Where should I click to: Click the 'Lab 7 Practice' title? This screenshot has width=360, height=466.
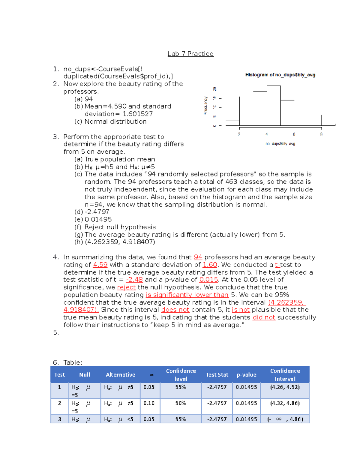point(190,54)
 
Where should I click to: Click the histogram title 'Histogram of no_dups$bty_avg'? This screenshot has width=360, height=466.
point(280,75)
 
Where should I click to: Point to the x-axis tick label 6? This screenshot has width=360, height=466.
point(294,134)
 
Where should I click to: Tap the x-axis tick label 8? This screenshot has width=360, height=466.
point(321,134)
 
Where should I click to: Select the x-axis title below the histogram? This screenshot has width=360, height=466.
point(280,144)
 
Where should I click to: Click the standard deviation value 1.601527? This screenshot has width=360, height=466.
point(138,114)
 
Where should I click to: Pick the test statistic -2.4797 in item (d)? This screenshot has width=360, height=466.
point(97,212)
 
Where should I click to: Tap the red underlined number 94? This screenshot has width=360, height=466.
point(198,257)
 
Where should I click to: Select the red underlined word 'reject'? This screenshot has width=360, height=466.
point(126,287)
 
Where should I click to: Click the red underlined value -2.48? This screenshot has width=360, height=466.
point(134,280)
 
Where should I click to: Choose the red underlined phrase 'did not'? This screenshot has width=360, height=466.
point(264,317)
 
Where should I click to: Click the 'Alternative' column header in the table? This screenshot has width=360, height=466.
point(120,375)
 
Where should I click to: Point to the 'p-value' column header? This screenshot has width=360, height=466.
point(246,375)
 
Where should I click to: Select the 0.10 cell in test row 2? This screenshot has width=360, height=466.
point(149,403)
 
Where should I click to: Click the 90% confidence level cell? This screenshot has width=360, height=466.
point(181,403)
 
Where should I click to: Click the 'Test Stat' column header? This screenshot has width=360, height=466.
point(217,375)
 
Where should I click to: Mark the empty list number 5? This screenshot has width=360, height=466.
point(56,333)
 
